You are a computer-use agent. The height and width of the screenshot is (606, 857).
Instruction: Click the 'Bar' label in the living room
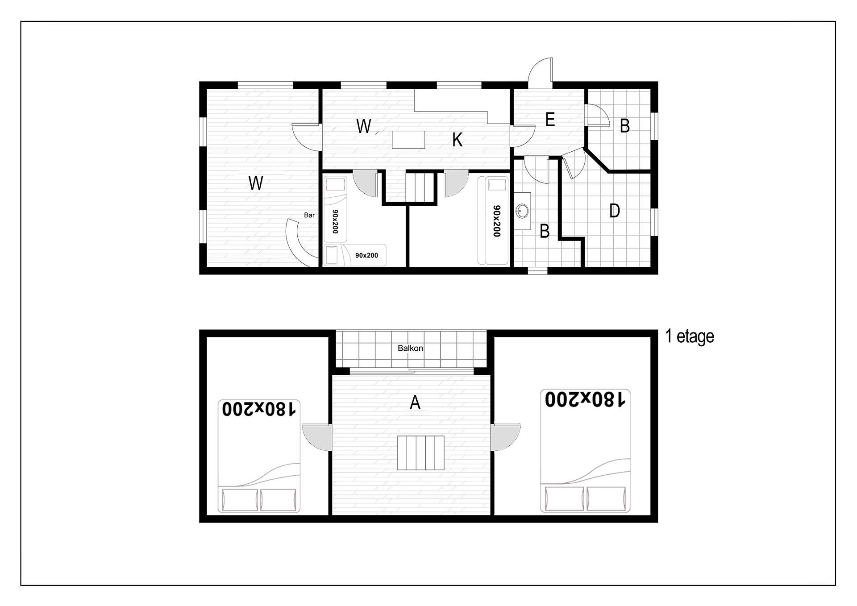(x=309, y=215)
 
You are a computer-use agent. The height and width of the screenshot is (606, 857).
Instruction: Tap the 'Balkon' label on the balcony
(x=410, y=348)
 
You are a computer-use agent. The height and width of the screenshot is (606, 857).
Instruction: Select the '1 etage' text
(x=690, y=336)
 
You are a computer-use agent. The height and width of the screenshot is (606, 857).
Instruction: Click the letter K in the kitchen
(x=457, y=140)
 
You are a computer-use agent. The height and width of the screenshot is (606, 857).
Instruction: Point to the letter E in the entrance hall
(x=550, y=120)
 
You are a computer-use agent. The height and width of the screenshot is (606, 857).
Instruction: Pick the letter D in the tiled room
(x=615, y=211)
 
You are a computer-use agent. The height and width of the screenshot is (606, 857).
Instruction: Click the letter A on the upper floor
(x=415, y=403)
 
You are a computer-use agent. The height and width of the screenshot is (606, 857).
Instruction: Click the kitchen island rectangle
(x=408, y=140)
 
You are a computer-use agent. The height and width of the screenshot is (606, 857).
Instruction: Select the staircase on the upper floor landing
(x=421, y=453)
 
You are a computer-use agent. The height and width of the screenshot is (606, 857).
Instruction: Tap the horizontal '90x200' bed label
(x=366, y=256)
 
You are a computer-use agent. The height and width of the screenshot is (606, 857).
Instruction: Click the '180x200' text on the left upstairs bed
(x=259, y=409)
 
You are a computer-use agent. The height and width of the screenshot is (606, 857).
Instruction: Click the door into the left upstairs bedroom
(x=317, y=437)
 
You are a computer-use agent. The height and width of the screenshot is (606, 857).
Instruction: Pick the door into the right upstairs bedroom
(x=506, y=437)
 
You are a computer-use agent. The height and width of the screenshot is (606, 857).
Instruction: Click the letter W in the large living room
(x=256, y=183)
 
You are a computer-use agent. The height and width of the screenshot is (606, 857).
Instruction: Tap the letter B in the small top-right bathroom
(x=625, y=126)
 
